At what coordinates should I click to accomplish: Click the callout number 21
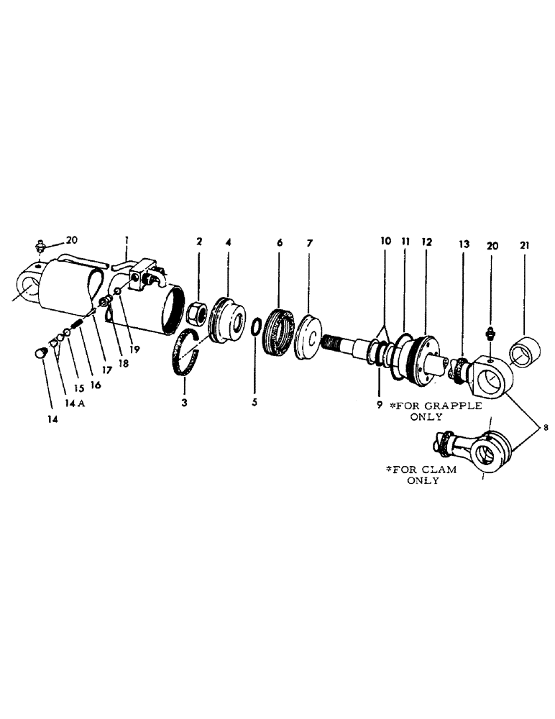pyautogui.click(x=523, y=246)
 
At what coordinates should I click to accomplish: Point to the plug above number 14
pyautogui.click(x=41, y=353)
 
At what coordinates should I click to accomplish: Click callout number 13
pyautogui.click(x=464, y=245)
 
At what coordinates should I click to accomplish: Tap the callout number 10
pyautogui.click(x=386, y=242)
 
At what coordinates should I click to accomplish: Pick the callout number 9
pyautogui.click(x=379, y=405)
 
